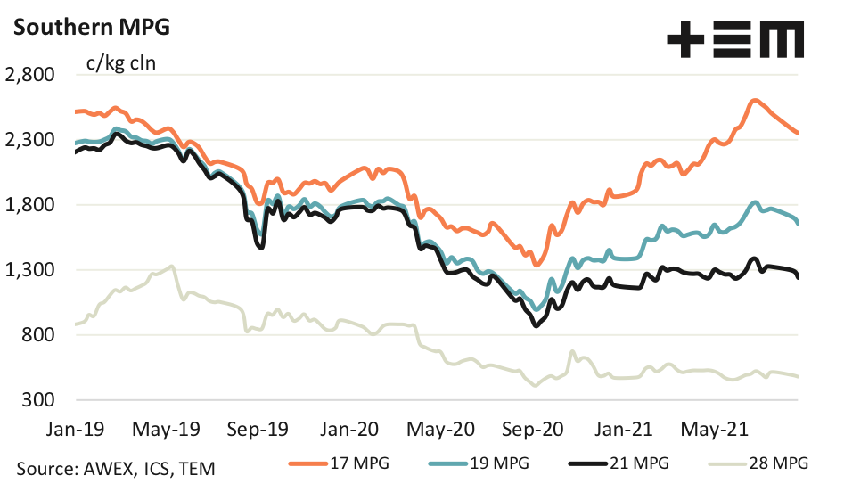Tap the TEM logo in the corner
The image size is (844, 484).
pos(736,41)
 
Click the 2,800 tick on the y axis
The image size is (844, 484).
pos(30,75)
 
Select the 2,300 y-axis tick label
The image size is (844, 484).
pos(30,140)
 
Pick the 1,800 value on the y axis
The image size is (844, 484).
pos(30,205)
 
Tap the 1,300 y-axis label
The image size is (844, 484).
pos(30,270)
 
